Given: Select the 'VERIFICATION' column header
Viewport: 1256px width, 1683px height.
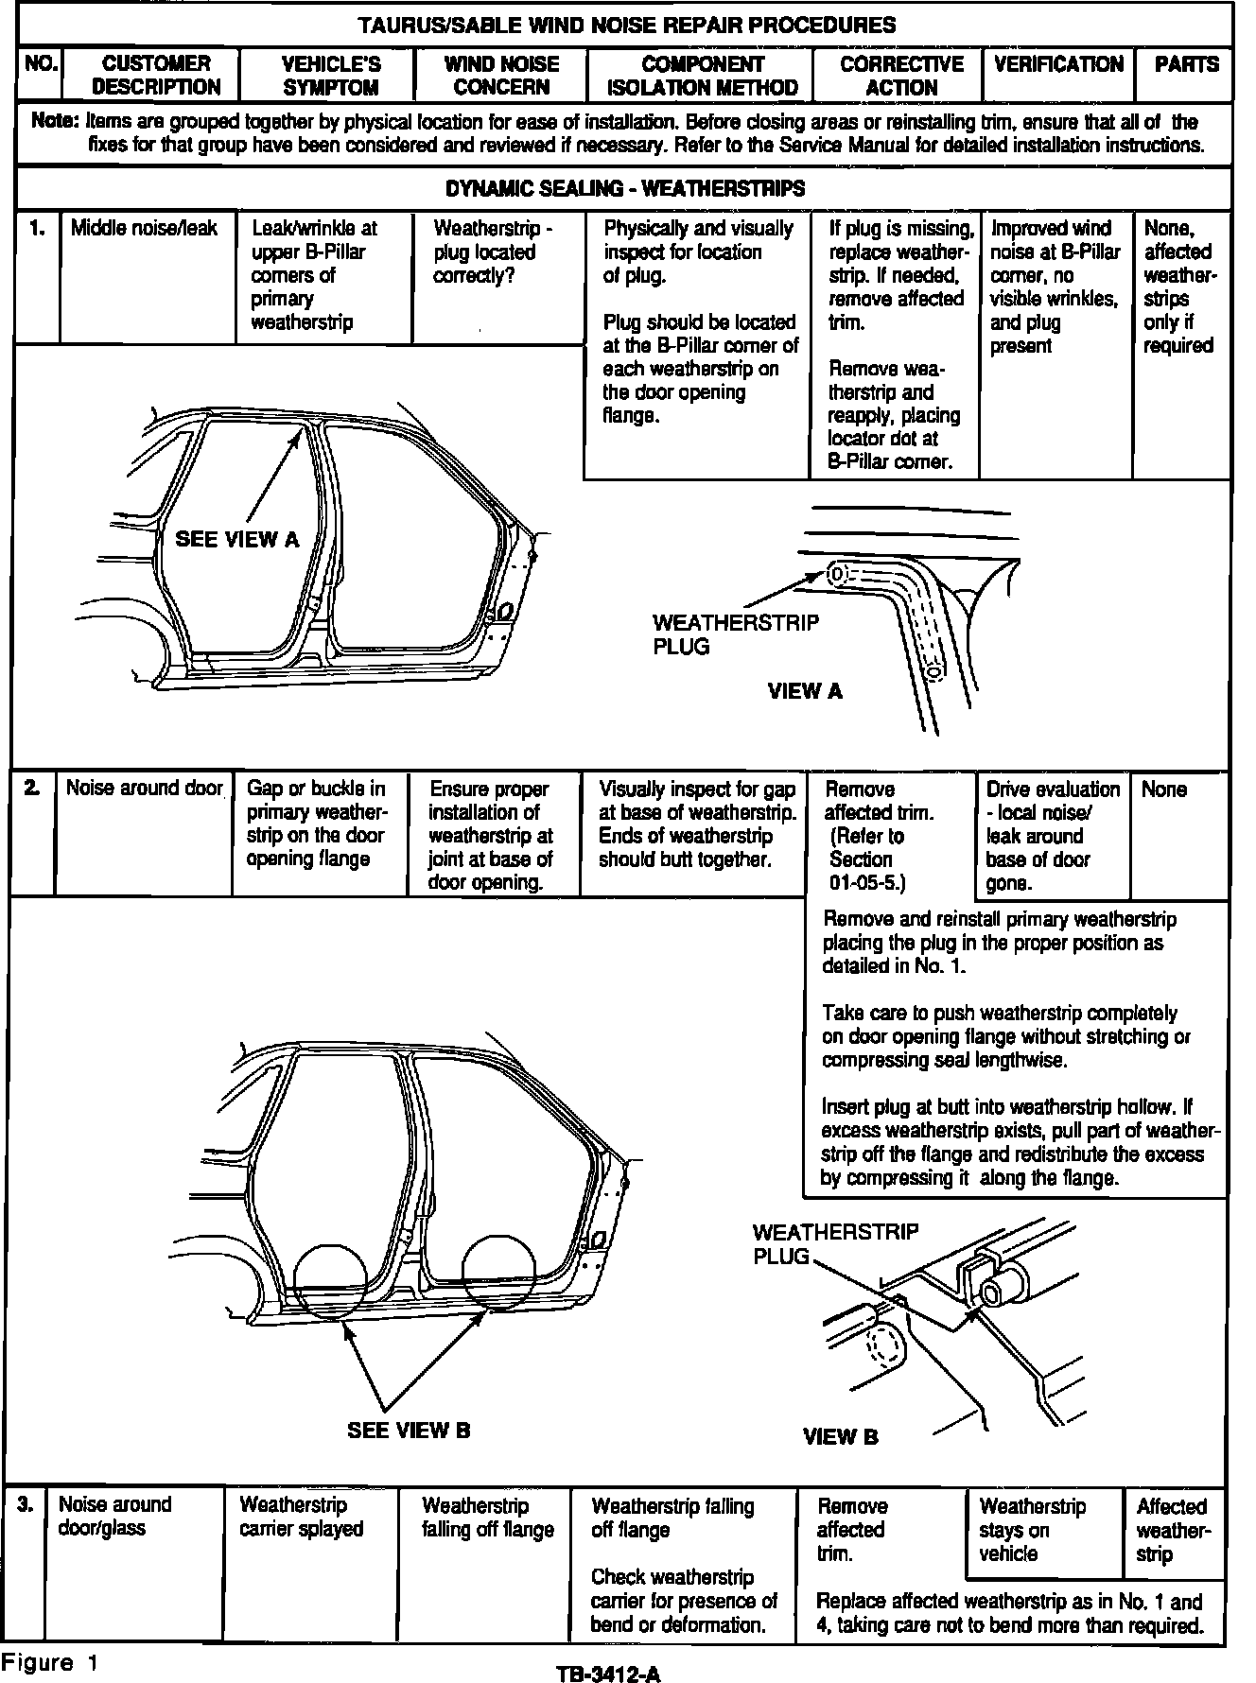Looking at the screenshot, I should click(1058, 64).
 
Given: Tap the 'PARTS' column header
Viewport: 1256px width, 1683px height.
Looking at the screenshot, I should click(1187, 64).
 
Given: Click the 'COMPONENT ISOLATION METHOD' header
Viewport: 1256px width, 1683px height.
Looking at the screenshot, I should click(702, 76).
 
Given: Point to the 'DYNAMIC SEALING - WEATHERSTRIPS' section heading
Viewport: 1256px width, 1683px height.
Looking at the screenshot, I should click(625, 188).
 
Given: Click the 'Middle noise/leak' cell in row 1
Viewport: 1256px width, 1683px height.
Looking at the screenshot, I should click(144, 228).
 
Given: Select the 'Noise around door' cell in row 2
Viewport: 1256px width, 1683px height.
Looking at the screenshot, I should click(144, 789).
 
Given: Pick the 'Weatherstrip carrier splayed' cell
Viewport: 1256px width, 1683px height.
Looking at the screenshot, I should click(302, 1517).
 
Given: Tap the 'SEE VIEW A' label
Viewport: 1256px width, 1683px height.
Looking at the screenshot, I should click(236, 539).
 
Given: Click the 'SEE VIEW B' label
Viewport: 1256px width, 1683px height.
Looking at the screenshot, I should click(409, 1430).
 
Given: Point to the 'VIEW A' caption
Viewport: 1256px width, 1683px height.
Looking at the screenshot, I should click(805, 691).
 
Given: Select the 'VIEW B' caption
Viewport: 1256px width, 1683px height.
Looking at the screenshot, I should click(841, 1437).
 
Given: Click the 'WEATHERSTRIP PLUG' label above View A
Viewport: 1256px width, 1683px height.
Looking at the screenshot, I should click(735, 634).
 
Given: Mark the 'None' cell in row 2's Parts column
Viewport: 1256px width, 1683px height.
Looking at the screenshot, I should click(1164, 789).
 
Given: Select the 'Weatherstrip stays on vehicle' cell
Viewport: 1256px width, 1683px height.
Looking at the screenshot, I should click(1032, 1530).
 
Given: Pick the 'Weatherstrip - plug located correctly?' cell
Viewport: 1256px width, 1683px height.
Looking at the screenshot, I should click(493, 252).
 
